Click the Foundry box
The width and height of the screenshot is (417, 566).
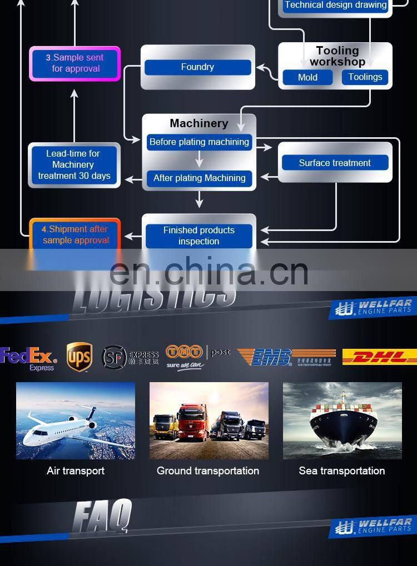click(197, 67)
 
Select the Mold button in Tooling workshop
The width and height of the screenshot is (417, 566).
click(307, 78)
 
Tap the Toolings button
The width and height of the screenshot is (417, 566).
click(365, 77)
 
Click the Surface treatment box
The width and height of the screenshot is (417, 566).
click(335, 163)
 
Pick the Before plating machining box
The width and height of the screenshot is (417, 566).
click(199, 142)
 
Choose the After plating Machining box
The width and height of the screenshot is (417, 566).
click(199, 178)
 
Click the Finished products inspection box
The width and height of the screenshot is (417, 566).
click(198, 236)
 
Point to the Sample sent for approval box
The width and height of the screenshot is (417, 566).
click(75, 63)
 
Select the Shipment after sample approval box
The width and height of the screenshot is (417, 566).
click(75, 234)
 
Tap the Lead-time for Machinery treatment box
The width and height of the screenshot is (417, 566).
click(74, 164)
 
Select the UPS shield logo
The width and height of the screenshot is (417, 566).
click(79, 357)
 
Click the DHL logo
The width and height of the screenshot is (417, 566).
click(380, 357)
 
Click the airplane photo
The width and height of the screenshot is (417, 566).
click(76, 420)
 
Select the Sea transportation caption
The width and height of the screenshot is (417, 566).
click(341, 471)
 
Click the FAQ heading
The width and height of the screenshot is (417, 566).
click(103, 515)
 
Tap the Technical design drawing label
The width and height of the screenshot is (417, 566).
click(335, 6)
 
